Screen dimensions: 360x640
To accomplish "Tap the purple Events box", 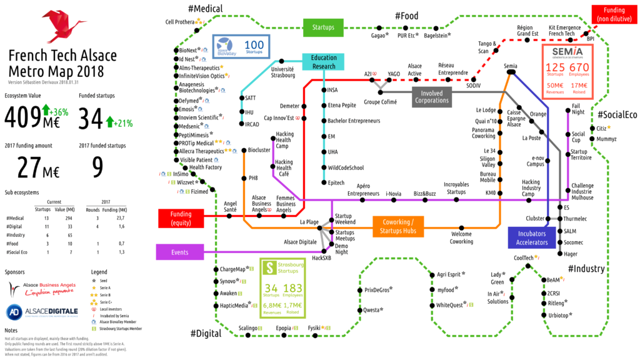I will (181, 252).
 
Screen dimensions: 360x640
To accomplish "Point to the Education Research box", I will (324, 62).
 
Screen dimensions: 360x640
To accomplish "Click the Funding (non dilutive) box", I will (614, 14).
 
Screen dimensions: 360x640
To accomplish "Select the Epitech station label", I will (337, 182).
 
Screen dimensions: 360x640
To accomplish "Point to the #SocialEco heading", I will (617, 114).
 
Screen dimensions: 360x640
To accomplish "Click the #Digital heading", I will (206, 333).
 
